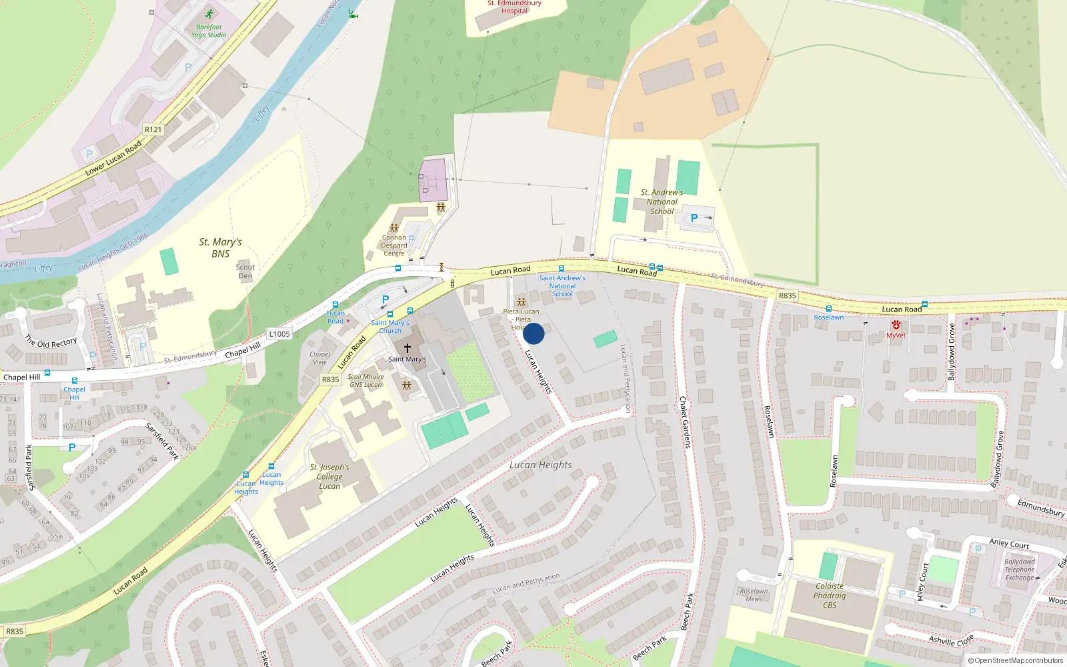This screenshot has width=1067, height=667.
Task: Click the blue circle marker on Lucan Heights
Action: (x=533, y=333)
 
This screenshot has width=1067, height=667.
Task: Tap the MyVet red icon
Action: (x=896, y=325)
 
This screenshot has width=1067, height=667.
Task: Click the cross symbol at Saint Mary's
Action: (x=407, y=348)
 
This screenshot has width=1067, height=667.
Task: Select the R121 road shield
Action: (x=153, y=129)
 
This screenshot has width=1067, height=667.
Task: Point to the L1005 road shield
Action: (x=279, y=333)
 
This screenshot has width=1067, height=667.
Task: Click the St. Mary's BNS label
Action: (x=220, y=247)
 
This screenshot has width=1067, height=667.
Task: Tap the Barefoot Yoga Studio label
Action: (x=209, y=31)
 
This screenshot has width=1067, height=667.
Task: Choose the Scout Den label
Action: (x=245, y=271)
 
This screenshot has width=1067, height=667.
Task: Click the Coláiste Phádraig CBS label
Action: (x=830, y=596)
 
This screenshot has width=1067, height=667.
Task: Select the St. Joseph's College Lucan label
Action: (x=329, y=476)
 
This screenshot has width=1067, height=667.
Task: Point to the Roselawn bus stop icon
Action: (x=828, y=309)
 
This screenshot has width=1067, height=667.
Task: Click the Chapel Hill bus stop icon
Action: (x=74, y=381)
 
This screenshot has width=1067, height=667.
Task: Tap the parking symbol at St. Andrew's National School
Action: (x=694, y=218)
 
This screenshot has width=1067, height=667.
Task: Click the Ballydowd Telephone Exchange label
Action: (x=1020, y=570)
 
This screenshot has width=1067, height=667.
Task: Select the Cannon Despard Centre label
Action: (x=394, y=245)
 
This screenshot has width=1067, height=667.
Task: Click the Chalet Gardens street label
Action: (x=685, y=422)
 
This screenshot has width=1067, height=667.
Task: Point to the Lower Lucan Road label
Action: (x=113, y=158)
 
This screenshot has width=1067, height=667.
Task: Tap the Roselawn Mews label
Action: (x=754, y=594)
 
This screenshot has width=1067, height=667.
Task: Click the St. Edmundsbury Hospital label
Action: (x=514, y=7)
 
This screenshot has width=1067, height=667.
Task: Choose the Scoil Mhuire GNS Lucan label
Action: (x=365, y=380)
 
